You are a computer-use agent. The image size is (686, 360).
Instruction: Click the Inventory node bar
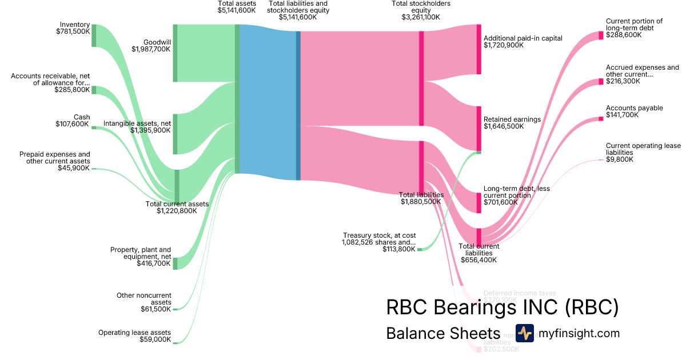94,35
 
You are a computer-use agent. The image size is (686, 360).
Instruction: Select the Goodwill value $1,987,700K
151,49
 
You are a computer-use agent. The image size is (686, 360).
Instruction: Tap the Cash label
81,117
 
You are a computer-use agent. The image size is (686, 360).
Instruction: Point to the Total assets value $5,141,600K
237,10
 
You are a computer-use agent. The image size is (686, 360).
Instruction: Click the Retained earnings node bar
478,128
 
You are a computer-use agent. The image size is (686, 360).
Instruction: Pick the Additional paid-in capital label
523,38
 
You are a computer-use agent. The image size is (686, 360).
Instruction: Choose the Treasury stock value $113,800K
399,249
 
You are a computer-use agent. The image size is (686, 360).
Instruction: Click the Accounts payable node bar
601,119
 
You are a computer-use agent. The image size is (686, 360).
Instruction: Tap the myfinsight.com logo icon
524,333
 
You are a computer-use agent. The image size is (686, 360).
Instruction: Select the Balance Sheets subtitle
443,334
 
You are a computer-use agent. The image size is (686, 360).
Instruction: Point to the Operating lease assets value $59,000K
155,339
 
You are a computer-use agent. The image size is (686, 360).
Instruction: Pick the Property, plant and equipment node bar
175,263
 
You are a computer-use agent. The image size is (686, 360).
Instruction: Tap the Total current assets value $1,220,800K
177,211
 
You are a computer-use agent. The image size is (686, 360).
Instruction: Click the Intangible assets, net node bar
175,134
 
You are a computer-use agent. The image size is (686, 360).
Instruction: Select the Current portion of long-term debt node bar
601,35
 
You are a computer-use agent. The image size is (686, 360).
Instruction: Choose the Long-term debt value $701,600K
504,202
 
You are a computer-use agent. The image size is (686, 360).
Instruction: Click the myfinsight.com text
579,334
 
